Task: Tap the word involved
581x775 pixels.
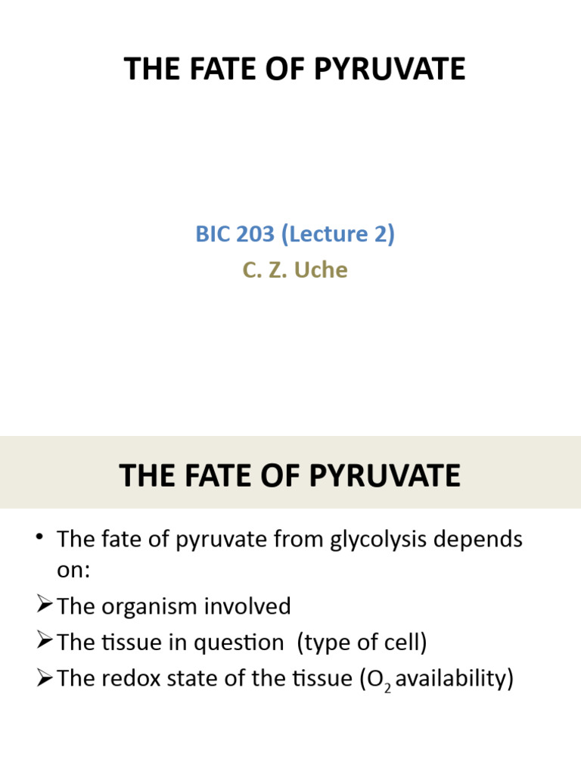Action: click(x=253, y=606)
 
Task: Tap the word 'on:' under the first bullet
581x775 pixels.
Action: click(x=73, y=570)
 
